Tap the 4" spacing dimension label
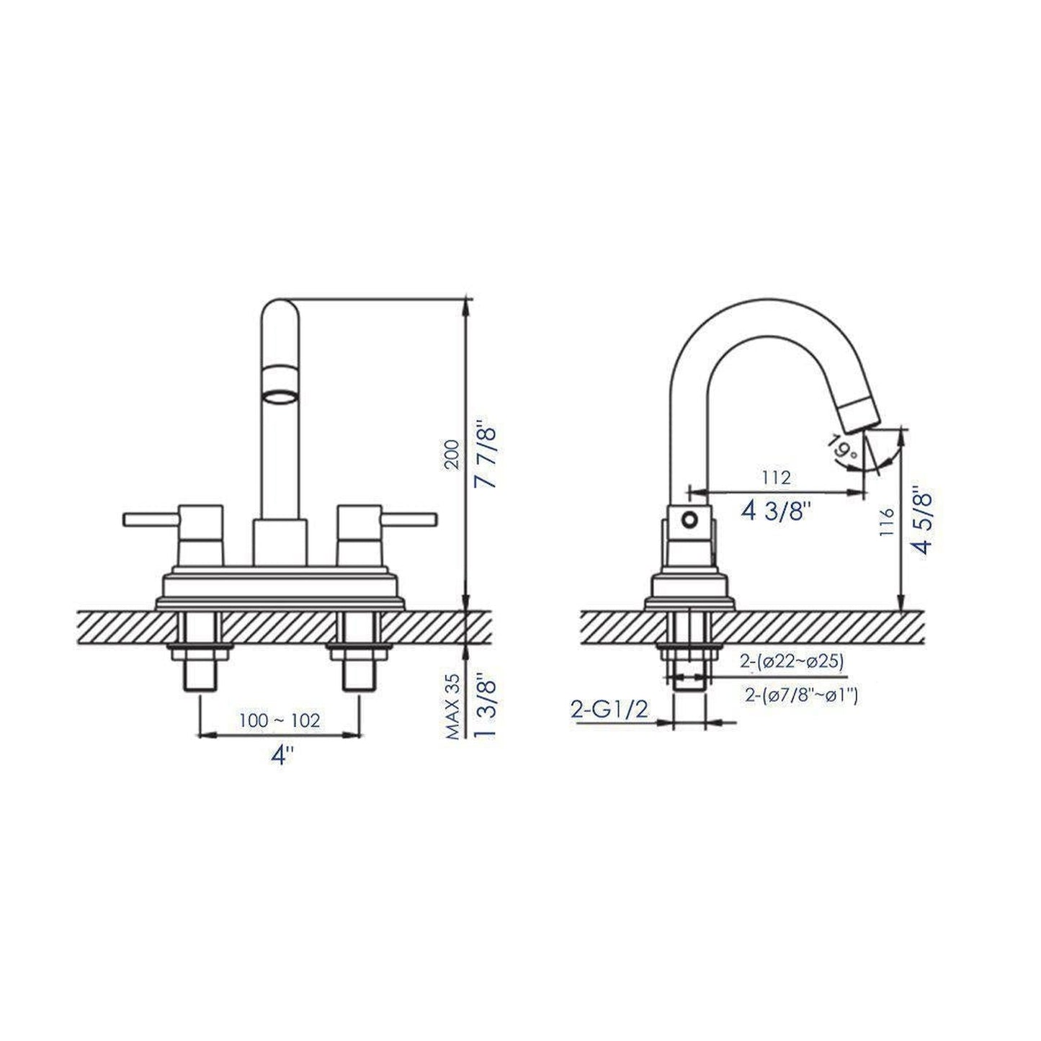click(280, 756)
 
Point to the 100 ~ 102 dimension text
click(280, 720)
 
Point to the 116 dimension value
click(887, 522)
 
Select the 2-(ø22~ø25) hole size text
click(791, 661)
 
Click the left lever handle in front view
click(151, 519)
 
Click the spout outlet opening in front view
click(280, 396)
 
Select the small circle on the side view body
click(691, 519)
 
